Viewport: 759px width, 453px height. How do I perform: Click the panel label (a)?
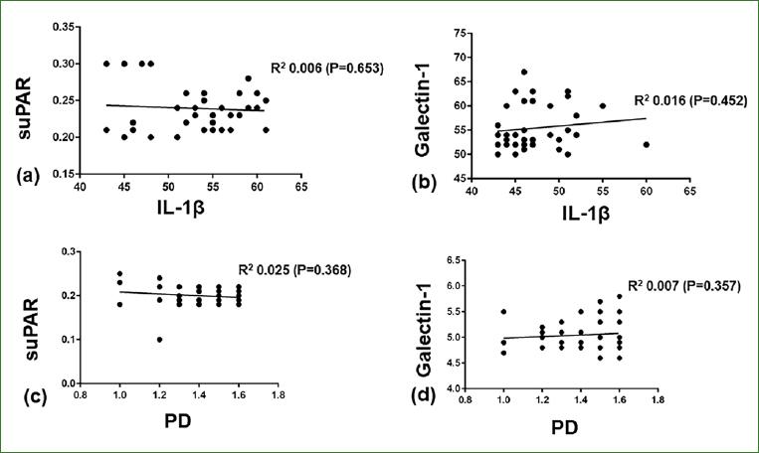[28, 179]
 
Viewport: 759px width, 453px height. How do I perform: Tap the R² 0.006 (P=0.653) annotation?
[327, 69]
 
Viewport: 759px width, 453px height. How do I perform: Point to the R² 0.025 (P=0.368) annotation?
[293, 268]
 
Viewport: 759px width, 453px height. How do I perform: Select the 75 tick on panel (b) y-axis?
[459, 34]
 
